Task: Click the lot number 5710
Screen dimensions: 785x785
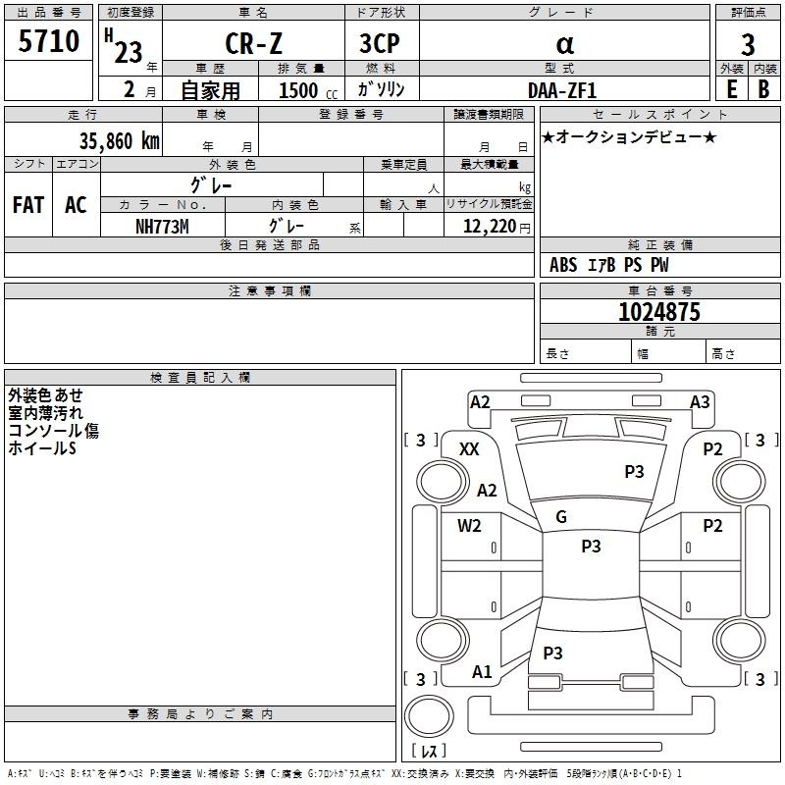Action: point(48,42)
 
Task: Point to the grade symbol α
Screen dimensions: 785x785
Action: point(564,44)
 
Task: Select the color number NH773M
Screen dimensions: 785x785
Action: point(162,227)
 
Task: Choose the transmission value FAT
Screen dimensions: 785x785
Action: point(28,205)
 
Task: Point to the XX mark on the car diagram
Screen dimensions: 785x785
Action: point(469,448)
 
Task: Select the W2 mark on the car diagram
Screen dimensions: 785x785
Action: point(469,525)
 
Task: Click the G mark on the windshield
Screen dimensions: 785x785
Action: point(561,517)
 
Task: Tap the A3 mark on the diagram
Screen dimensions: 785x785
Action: point(700,401)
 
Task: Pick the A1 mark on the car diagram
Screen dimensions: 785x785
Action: point(482,672)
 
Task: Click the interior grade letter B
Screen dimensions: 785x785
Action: point(763,89)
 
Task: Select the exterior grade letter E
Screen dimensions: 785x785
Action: point(731,89)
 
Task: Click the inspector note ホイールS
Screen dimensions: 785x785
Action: point(41,448)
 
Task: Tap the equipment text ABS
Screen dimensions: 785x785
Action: point(563,264)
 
